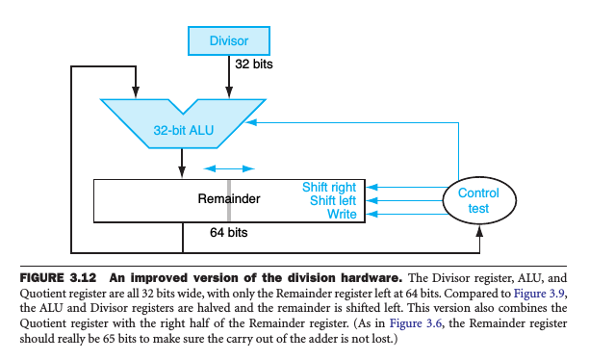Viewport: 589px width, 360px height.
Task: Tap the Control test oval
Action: [477, 200]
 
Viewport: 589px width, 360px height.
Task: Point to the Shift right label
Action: [329, 187]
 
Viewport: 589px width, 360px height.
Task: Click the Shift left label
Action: [333, 200]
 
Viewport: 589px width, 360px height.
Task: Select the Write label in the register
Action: [341, 215]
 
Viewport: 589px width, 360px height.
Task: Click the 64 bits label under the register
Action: [229, 233]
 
